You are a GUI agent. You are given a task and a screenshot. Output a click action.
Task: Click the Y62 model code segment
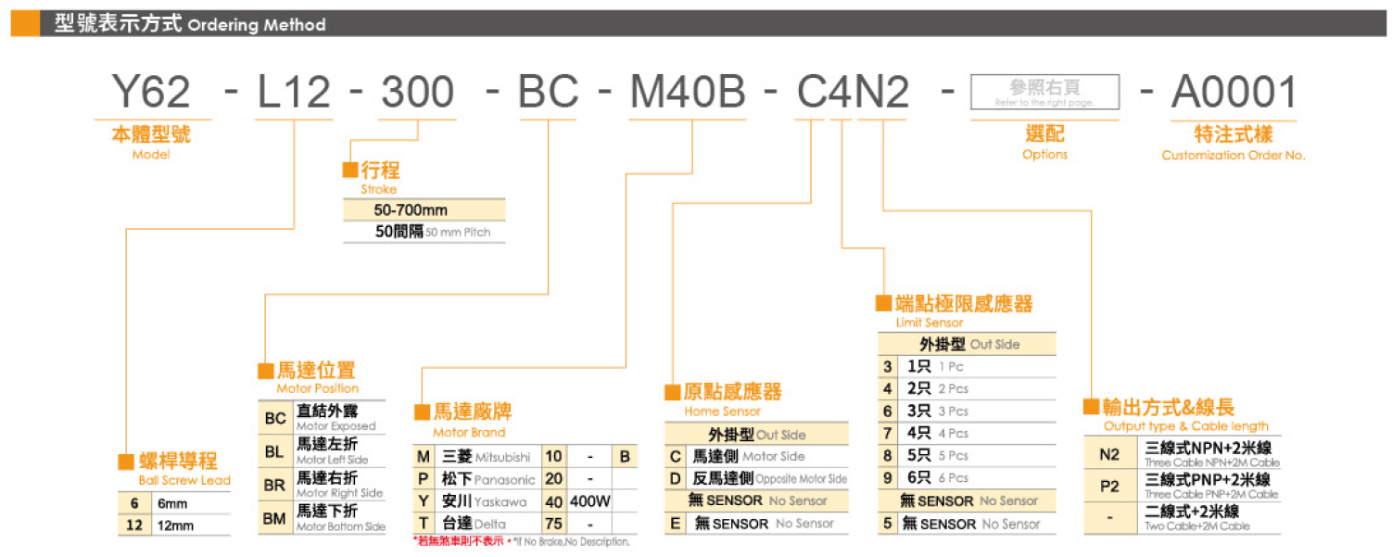click(x=151, y=93)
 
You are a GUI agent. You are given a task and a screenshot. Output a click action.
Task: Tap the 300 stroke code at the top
click(x=418, y=93)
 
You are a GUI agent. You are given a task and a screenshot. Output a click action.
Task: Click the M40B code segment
click(x=687, y=93)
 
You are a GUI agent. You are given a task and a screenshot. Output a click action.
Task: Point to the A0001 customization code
click(x=1234, y=93)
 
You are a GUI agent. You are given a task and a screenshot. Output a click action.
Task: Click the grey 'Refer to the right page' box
click(x=1044, y=92)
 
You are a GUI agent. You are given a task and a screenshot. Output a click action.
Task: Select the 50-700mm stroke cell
click(x=411, y=210)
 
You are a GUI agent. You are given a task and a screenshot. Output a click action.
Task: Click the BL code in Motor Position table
click(x=274, y=452)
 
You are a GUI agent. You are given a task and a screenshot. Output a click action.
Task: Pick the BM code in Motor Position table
click(x=274, y=519)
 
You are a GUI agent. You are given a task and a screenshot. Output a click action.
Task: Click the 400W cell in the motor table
click(x=590, y=501)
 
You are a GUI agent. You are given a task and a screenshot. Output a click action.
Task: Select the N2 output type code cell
click(x=1109, y=455)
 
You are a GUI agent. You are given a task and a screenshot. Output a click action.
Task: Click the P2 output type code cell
click(x=1109, y=487)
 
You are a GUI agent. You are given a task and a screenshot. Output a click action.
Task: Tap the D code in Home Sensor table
click(x=677, y=478)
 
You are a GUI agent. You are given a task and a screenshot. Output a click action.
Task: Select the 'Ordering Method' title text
click(x=257, y=25)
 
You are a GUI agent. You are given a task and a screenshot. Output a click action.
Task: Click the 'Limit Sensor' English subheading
click(x=930, y=323)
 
